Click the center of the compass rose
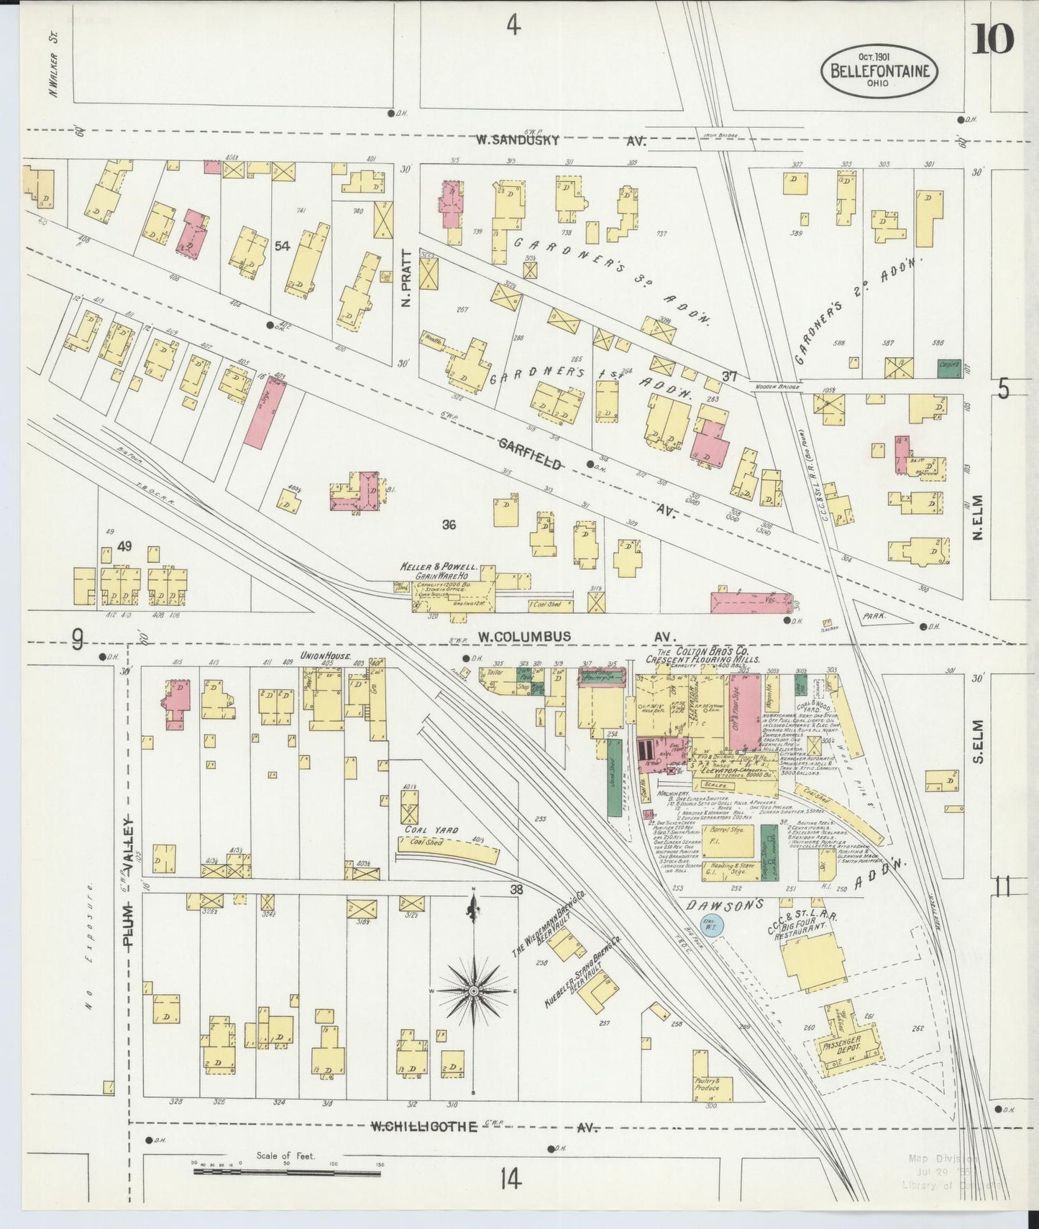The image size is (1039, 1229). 473,992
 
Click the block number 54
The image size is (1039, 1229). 282,247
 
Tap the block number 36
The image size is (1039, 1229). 449,525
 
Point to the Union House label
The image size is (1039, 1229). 324,656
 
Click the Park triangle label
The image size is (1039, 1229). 875,616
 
